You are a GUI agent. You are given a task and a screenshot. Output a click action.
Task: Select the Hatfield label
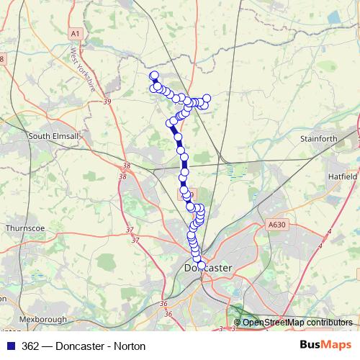click(343, 176)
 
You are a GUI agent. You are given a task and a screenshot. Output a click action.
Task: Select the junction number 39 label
click(107, 102)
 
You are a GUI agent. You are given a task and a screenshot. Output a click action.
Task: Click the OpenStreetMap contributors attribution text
click(297, 323)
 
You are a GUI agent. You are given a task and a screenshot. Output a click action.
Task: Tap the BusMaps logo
click(325, 346)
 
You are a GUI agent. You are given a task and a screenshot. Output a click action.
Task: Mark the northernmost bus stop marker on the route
click(153, 75)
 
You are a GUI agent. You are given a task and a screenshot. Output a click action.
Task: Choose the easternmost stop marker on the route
click(207, 97)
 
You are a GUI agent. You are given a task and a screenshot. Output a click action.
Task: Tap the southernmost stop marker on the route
click(201, 265)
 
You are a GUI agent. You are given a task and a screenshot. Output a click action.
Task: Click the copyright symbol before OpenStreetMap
click(238, 323)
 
